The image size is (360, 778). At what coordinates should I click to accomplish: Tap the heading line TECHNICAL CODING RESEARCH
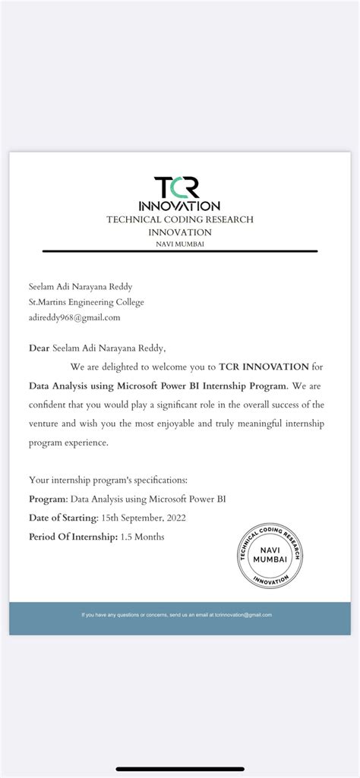(180, 219)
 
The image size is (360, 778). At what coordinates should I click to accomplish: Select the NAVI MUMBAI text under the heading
(180, 244)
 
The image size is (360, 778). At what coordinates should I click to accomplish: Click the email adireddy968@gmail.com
(74, 317)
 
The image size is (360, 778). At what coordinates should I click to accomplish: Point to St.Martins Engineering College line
(86, 302)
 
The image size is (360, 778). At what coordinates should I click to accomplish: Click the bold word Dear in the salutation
(39, 348)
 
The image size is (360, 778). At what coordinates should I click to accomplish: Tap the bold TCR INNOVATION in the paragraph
(264, 367)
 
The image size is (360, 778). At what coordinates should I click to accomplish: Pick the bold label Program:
(48, 499)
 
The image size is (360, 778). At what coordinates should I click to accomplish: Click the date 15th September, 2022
(144, 518)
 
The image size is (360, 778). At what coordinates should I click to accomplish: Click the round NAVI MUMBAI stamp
(270, 556)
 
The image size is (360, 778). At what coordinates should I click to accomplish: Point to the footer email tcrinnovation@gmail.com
(243, 615)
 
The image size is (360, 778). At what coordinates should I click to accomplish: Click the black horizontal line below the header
(180, 250)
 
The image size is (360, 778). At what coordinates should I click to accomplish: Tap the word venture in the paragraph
(46, 424)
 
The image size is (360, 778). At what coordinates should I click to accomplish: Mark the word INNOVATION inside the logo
(179, 206)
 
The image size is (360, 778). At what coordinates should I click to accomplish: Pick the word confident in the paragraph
(49, 405)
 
